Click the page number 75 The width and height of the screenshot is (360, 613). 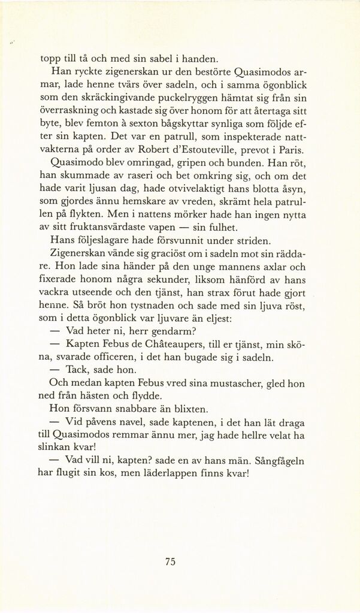(170, 561)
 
